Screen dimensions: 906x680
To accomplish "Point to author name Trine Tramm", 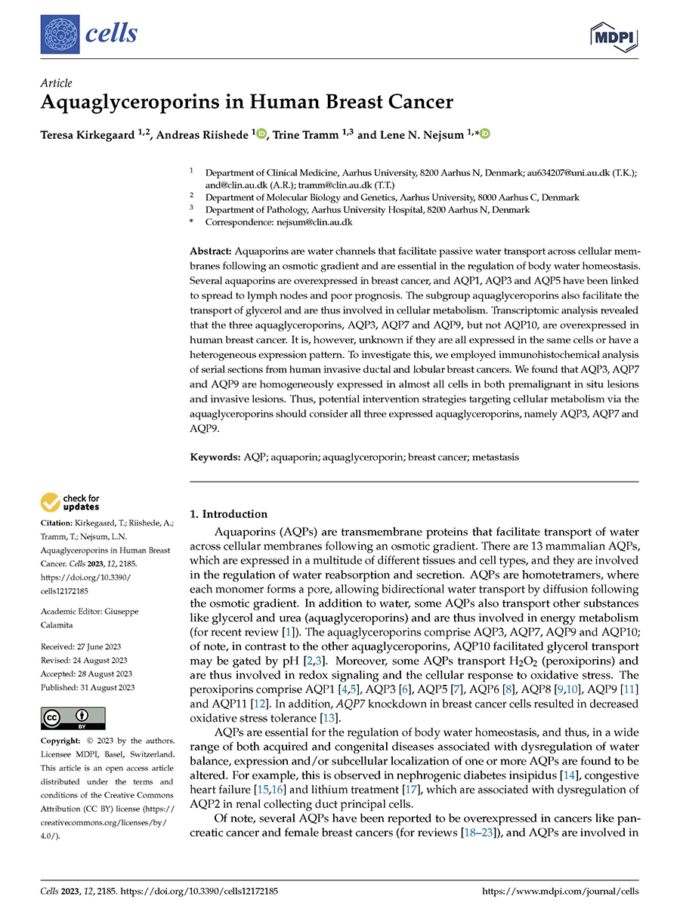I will [318, 134].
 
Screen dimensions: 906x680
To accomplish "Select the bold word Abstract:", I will [212, 249].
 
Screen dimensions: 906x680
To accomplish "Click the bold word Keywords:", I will [215, 457].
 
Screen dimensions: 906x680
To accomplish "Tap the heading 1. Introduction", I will [229, 514].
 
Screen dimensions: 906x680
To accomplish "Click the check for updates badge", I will [70, 501].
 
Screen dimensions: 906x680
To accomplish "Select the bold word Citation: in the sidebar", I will [58, 523].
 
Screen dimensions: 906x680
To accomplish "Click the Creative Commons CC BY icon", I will [73, 718].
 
